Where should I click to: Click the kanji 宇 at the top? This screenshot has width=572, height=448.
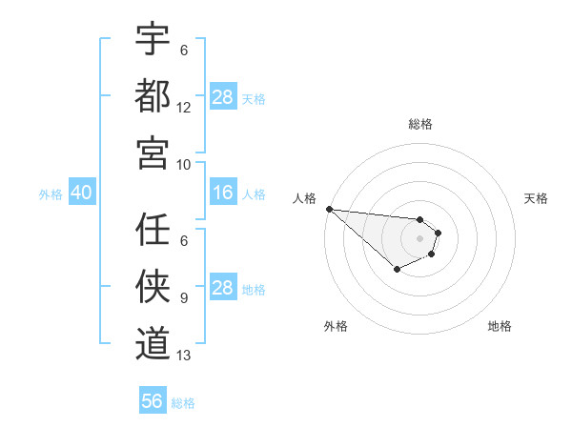tap(153, 39)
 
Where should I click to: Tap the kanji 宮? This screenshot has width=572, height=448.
tap(153, 152)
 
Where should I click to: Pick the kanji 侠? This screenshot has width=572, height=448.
tap(153, 285)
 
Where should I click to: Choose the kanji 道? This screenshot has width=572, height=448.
tap(153, 341)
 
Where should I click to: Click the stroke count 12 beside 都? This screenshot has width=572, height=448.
tap(184, 108)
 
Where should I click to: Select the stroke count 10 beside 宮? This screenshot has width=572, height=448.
tap(184, 164)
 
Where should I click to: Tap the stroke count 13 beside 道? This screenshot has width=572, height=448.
tap(184, 356)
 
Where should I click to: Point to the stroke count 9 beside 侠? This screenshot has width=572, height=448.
tap(184, 298)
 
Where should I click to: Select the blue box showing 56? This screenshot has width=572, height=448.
tap(153, 401)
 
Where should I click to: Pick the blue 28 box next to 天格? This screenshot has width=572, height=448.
tap(222, 97)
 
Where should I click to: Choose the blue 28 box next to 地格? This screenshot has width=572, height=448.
tap(222, 289)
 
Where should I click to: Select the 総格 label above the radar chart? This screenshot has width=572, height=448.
tap(420, 124)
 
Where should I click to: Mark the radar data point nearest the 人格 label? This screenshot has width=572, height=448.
tap(328, 209)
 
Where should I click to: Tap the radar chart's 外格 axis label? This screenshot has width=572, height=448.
tap(336, 326)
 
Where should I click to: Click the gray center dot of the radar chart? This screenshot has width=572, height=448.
tap(419, 238)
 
